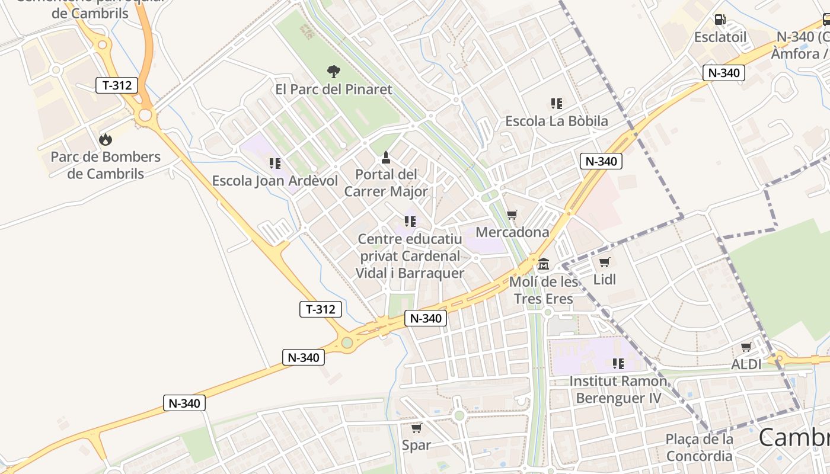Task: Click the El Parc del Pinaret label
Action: click(334, 89)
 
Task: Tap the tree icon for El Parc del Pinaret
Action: click(334, 72)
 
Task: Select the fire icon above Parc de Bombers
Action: click(106, 139)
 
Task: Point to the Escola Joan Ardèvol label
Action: click(275, 181)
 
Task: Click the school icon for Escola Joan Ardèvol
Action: click(274, 163)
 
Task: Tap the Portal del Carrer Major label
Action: click(386, 183)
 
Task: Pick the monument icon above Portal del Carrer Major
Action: click(386, 157)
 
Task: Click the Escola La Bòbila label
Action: click(556, 121)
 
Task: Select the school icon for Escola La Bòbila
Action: click(556, 104)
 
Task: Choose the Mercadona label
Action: click(512, 232)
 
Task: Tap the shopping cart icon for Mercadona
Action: click(512, 214)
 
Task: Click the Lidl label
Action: click(605, 280)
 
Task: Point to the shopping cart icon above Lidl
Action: click(605, 262)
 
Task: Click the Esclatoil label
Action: click(720, 37)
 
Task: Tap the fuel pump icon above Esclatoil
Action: click(720, 20)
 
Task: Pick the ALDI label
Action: click(746, 364)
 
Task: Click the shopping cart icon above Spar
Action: click(416, 428)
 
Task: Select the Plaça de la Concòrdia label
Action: click(700, 447)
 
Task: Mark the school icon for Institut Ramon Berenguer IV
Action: click(618, 363)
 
